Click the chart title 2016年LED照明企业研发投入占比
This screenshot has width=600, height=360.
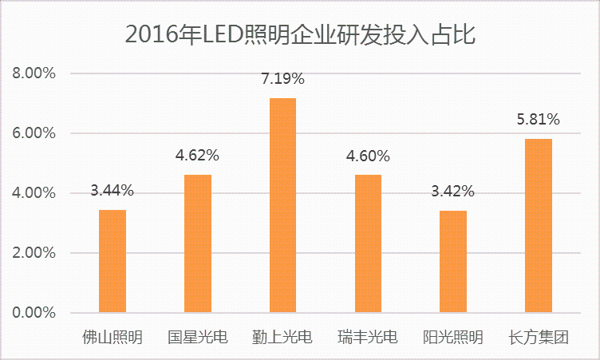click(x=301, y=34)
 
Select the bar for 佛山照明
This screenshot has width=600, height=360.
click(x=112, y=261)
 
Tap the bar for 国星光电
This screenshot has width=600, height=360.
click(x=198, y=243)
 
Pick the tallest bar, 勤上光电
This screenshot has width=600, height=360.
click(x=282, y=205)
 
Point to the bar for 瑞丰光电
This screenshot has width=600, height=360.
click(x=368, y=243)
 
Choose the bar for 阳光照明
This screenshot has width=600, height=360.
click(x=453, y=261)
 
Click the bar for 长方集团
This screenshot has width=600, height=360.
click(x=539, y=226)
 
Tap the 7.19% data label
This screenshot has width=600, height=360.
click(x=282, y=79)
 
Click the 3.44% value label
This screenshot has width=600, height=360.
click(x=112, y=191)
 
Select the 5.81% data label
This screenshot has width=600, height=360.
click(x=539, y=120)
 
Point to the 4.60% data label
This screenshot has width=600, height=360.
click(x=368, y=156)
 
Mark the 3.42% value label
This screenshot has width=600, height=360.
click(x=453, y=192)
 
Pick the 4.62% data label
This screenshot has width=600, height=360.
click(x=198, y=156)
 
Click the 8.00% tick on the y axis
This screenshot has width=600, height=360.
click(x=33, y=73)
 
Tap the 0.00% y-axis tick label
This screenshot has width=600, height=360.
click(x=33, y=312)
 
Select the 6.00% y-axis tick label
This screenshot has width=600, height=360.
click(x=33, y=133)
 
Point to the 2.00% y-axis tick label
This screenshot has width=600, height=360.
click(x=33, y=253)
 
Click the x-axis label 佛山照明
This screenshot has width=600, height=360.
click(x=112, y=338)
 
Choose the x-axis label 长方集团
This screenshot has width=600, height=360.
click(x=539, y=338)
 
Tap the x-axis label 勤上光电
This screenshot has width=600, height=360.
click(x=282, y=338)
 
